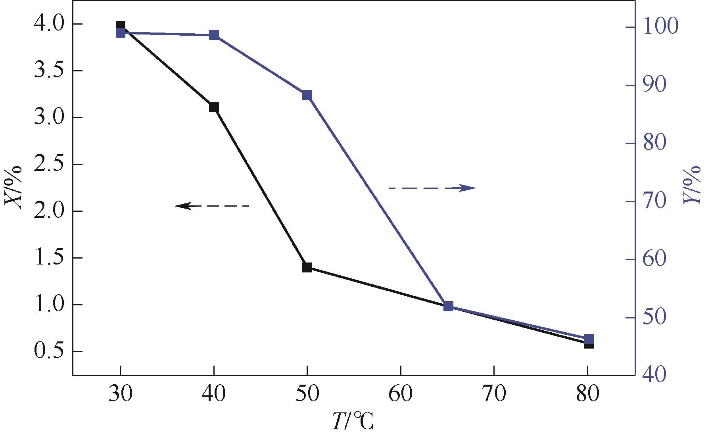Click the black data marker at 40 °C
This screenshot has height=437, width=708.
click(x=214, y=107)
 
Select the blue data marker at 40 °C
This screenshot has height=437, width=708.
click(x=214, y=35)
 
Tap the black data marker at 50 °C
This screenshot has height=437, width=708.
click(x=307, y=267)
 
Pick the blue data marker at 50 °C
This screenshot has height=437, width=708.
click(x=307, y=95)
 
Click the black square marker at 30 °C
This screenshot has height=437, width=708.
click(x=121, y=26)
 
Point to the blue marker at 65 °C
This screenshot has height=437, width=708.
click(x=448, y=306)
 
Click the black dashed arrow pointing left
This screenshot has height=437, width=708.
click(x=212, y=206)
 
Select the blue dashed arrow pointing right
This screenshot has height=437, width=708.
click(x=432, y=188)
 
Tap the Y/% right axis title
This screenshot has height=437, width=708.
click(x=693, y=186)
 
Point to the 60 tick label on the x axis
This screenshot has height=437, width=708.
click(x=401, y=395)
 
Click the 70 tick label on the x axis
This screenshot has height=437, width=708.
click(x=494, y=395)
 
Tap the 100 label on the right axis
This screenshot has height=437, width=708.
click(x=660, y=27)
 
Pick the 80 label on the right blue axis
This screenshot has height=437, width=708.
click(x=655, y=143)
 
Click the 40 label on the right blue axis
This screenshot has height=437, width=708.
click(x=655, y=374)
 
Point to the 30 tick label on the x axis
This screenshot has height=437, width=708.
click(x=120, y=395)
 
